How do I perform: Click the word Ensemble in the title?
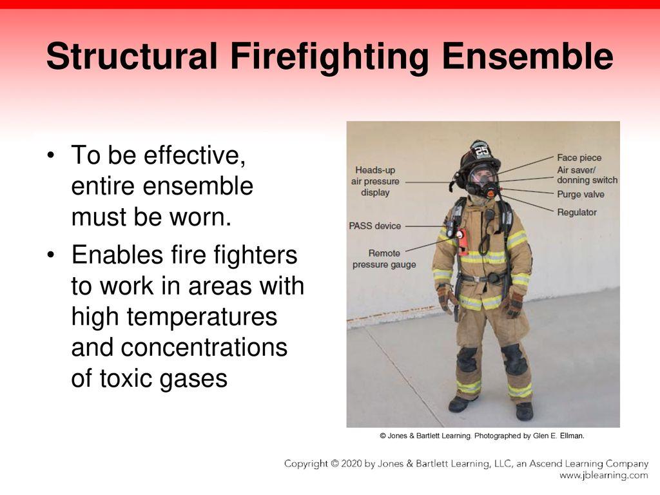coord(527,57)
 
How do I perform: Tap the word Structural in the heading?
coord(131,57)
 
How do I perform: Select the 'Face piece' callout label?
coord(579,158)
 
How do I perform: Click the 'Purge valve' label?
coord(580,194)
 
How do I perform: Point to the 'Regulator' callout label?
coord(577,212)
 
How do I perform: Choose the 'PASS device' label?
coord(374,226)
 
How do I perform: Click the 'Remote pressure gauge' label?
coord(384,259)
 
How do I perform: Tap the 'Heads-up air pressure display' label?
coord(375,181)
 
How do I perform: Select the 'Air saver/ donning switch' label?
coord(587,175)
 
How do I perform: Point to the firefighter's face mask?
coord(483,178)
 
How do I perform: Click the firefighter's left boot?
coord(524,411)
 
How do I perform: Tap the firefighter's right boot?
coord(460,404)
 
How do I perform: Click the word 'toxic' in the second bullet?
coord(126,379)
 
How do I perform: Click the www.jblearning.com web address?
coord(603,476)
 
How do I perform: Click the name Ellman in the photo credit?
coord(571,436)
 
